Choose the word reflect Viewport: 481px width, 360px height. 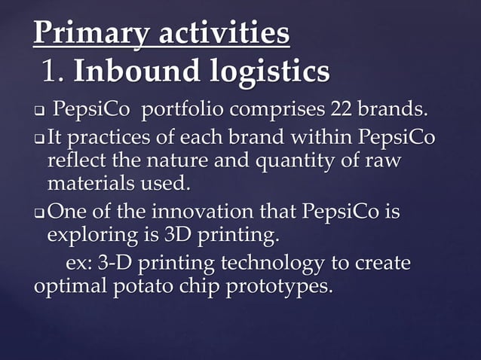click(74, 161)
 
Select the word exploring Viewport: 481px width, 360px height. click(85, 236)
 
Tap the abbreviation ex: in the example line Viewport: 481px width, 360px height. click(80, 264)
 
